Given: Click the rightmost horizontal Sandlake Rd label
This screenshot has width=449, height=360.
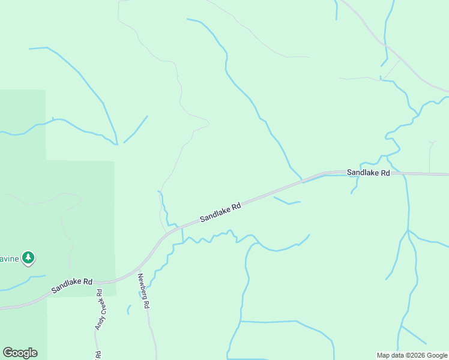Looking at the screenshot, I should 369,173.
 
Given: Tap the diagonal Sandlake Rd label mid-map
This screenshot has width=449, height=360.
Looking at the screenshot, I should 220,212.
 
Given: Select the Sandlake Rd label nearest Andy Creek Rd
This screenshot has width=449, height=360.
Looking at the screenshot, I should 71,285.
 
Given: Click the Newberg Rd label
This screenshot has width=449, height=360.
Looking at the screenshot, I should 143,291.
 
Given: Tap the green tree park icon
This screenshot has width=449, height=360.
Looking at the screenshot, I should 28,258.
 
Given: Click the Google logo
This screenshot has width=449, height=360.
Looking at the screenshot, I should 20,353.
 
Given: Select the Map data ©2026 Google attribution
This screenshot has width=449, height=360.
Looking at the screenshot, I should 412,355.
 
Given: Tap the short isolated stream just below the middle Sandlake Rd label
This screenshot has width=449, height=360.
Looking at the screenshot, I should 287,201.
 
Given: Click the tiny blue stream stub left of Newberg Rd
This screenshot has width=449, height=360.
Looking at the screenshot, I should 128,310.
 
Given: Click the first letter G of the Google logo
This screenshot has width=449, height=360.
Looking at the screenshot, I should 8,353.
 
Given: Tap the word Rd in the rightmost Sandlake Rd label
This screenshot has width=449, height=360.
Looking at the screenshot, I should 384,173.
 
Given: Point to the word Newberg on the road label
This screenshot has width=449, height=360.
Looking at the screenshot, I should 142,286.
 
